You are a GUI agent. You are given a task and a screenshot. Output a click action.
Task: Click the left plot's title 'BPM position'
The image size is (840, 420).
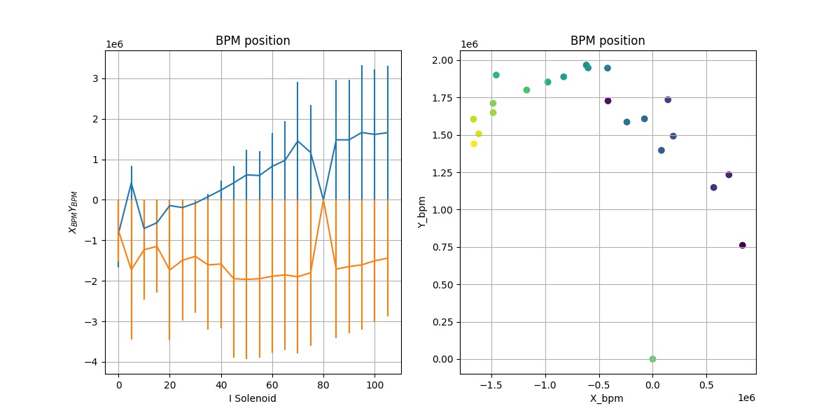[253, 41]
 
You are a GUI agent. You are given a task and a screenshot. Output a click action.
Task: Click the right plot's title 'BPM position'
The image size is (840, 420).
[608, 41]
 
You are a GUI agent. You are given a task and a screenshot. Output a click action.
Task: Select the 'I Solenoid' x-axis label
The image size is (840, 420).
[253, 398]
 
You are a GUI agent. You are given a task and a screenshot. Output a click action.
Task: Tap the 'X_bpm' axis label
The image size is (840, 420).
[608, 398]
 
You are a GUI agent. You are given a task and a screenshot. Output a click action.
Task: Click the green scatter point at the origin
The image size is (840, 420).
[652, 359]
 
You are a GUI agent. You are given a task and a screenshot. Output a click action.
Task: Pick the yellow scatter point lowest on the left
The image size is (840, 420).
[474, 143]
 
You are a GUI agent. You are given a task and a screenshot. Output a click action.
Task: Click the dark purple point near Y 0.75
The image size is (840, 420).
[743, 245]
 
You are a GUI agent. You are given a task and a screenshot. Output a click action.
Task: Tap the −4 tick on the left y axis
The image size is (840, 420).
[95, 363]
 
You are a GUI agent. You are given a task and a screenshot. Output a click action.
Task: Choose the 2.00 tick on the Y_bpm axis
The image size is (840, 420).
[440, 60]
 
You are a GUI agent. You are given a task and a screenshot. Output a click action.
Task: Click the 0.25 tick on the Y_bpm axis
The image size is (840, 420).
[440, 322]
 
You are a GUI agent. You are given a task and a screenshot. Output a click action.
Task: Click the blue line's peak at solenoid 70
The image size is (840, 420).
[297, 141]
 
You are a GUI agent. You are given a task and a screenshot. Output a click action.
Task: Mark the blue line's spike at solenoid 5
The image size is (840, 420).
[132, 183]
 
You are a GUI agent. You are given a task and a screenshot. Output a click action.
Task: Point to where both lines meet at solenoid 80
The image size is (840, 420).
[323, 200]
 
